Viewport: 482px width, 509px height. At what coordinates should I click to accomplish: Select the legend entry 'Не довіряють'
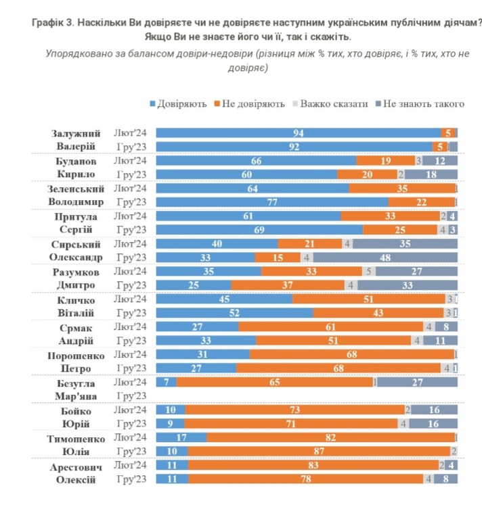point(250,104)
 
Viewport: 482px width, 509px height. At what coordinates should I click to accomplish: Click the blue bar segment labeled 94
point(298,133)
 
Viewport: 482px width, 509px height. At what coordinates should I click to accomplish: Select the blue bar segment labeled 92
point(294,146)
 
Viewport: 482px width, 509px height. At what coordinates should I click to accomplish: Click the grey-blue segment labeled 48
point(385,258)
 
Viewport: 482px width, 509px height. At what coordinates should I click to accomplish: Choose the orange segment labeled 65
point(275,383)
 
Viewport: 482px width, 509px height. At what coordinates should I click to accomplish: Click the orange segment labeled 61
point(330,326)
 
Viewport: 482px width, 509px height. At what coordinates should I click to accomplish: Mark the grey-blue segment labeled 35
point(406,243)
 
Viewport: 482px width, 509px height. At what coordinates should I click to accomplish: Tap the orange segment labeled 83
point(313,466)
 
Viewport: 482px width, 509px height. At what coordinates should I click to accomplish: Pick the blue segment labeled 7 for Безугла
point(167,383)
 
